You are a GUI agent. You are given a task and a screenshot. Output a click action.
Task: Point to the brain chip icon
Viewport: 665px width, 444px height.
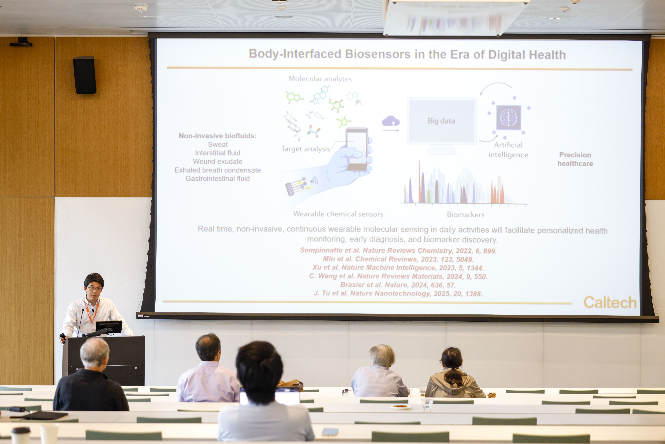509,117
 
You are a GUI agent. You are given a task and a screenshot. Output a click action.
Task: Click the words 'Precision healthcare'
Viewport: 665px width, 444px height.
575,159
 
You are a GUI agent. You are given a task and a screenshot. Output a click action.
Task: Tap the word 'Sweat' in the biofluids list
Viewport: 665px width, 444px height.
218,144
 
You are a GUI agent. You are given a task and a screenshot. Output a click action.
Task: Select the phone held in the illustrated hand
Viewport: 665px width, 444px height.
357,149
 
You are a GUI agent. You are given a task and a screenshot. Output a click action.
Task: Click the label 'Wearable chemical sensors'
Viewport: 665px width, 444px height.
338,214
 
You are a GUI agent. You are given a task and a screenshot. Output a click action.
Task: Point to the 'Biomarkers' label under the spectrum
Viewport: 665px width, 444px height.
466,215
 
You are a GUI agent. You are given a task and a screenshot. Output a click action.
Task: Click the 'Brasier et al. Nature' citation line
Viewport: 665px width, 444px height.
398,285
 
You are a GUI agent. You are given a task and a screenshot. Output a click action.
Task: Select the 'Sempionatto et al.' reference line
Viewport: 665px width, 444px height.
398,251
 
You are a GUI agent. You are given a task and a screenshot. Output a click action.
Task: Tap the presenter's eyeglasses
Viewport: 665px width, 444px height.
94,288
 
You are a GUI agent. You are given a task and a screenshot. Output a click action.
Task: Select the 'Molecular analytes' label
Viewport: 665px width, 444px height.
320,79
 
